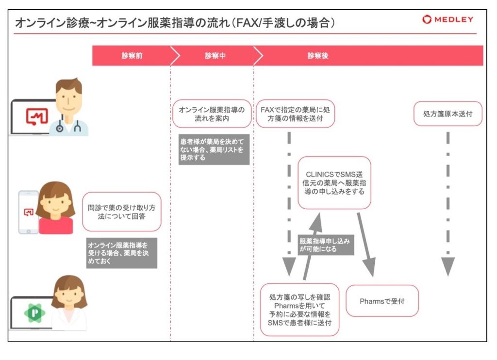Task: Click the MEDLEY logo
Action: point(447,19)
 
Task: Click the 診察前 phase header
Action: point(132,56)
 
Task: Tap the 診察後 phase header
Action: point(318,56)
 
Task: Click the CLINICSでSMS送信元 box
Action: point(334,183)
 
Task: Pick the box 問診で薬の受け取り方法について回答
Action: point(121,211)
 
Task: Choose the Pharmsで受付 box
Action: point(382,301)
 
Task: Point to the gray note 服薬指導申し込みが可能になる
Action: point(325,245)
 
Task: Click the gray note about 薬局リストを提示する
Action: point(214,149)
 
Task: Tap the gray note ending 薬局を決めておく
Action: point(121,253)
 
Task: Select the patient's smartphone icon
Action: point(28,212)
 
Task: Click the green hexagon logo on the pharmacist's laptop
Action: point(34,313)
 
